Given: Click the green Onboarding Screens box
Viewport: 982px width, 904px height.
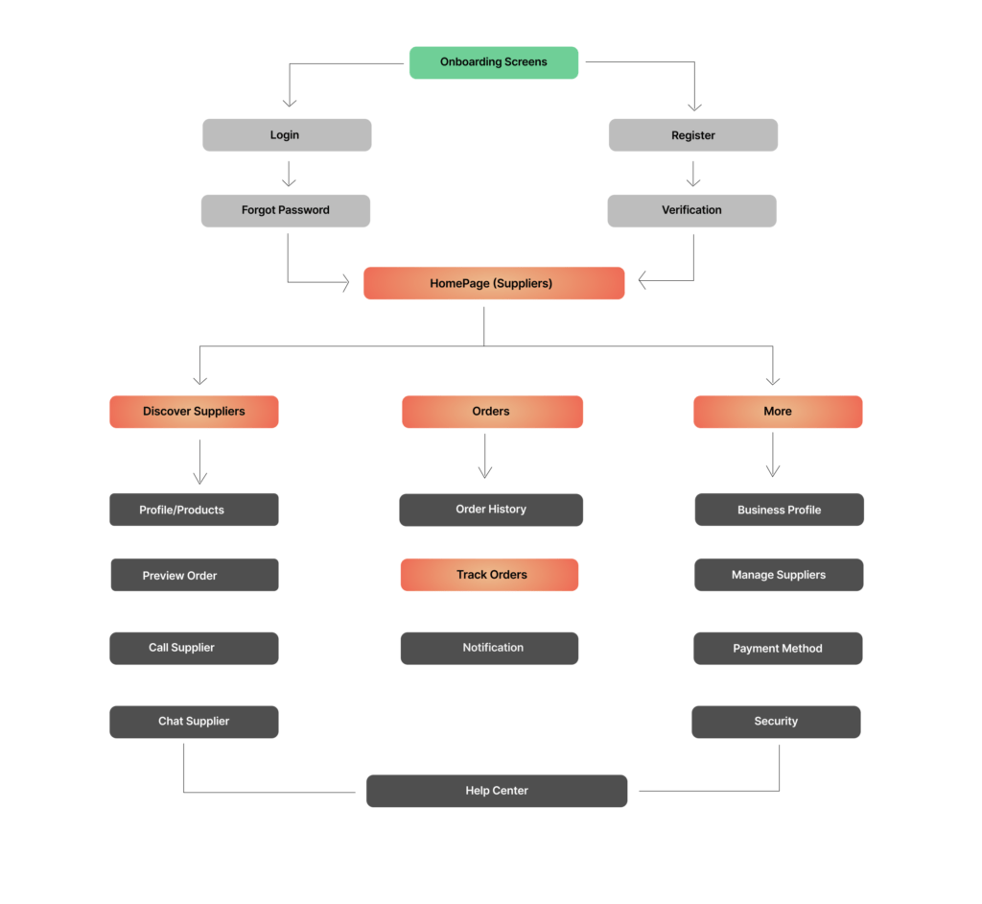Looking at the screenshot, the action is (494, 62).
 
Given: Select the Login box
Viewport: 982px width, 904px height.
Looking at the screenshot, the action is (287, 134).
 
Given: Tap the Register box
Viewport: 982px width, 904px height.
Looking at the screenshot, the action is (693, 134).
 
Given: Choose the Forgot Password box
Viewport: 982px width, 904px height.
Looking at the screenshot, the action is (286, 210).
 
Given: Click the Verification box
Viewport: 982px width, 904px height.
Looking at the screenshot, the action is (692, 210).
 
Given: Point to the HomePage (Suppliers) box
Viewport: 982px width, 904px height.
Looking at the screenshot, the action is (494, 283).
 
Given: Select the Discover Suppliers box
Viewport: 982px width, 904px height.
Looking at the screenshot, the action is (194, 412).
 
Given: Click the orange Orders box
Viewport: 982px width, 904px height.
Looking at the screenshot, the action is (492, 412).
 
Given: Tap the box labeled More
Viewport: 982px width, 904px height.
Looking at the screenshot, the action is (778, 412).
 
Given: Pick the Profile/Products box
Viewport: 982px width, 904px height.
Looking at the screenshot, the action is (194, 510).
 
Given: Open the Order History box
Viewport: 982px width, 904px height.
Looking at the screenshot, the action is (491, 510).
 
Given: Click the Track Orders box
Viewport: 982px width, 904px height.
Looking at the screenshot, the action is (489, 575).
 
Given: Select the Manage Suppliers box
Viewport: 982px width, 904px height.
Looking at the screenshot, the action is (779, 575).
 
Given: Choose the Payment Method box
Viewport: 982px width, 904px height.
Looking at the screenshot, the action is (778, 648).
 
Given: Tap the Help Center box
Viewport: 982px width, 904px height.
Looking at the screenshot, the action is (497, 791).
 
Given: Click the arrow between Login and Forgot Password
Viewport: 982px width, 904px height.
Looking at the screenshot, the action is (289, 175).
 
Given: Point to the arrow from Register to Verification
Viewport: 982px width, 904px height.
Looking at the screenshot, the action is (693, 175).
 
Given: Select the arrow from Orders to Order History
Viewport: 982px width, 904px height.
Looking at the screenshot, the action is (484, 456).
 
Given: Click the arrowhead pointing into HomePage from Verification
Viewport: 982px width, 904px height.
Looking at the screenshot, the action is (642, 280).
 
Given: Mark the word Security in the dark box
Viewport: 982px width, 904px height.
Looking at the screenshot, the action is (776, 722).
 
